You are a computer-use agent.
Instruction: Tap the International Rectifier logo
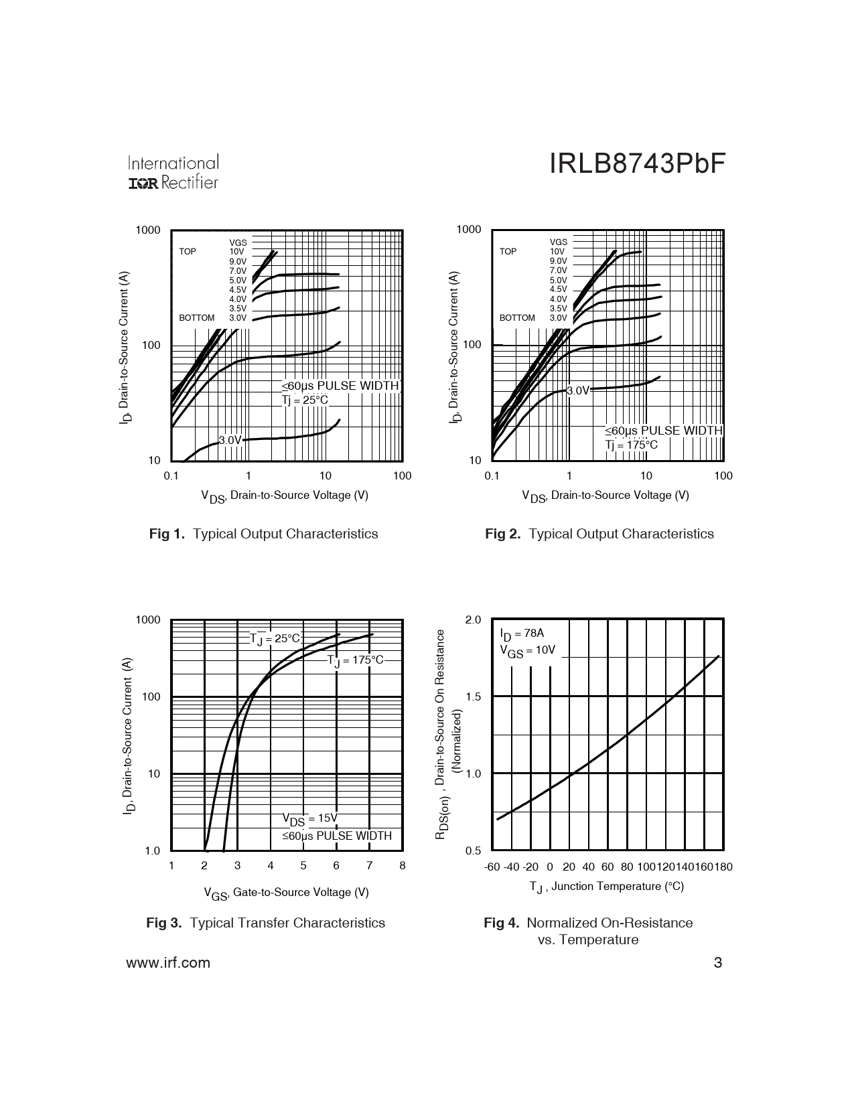tap(173, 173)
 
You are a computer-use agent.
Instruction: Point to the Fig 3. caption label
tap(163, 923)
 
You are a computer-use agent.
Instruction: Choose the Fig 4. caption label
tap(501, 923)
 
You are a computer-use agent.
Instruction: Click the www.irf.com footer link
tap(167, 962)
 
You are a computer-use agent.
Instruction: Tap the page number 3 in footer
tap(718, 963)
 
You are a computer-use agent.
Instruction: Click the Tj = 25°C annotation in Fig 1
tap(305, 400)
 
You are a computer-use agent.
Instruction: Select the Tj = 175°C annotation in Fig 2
tap(632, 445)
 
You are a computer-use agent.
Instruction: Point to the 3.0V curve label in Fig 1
tap(230, 440)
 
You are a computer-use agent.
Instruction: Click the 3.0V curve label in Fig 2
tap(578, 390)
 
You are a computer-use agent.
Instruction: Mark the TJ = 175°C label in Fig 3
tap(356, 660)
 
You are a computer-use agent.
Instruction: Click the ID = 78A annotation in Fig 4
tap(522, 634)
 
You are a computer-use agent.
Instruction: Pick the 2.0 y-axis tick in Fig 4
tap(473, 620)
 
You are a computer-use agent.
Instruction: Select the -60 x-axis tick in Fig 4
tap(492, 867)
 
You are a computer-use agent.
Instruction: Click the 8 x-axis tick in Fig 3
tap(403, 865)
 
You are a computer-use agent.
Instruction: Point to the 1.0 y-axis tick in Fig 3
tap(153, 851)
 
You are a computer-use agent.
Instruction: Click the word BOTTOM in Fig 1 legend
tap(197, 318)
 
